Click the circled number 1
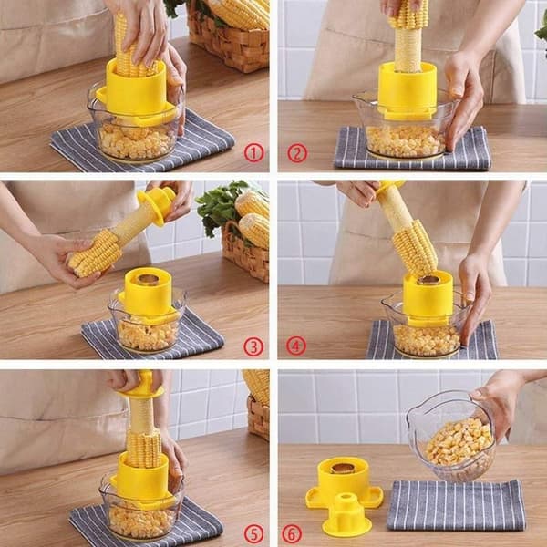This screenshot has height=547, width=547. click(x=253, y=153)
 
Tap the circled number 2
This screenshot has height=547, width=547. click(x=297, y=153)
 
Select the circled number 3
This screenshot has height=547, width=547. click(x=253, y=347)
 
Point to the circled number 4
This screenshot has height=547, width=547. click(x=296, y=346)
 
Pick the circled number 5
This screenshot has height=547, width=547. click(x=253, y=533)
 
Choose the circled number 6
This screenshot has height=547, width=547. click(x=291, y=533)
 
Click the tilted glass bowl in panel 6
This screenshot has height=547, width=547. click(x=452, y=438)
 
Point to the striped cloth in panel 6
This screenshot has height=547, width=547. click(x=457, y=505)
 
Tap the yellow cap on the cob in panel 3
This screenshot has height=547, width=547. click(x=157, y=205)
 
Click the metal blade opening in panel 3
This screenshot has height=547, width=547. click(x=149, y=279)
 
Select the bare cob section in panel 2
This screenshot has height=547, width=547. click(x=408, y=49)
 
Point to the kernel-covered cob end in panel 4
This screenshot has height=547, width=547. click(x=415, y=247)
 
